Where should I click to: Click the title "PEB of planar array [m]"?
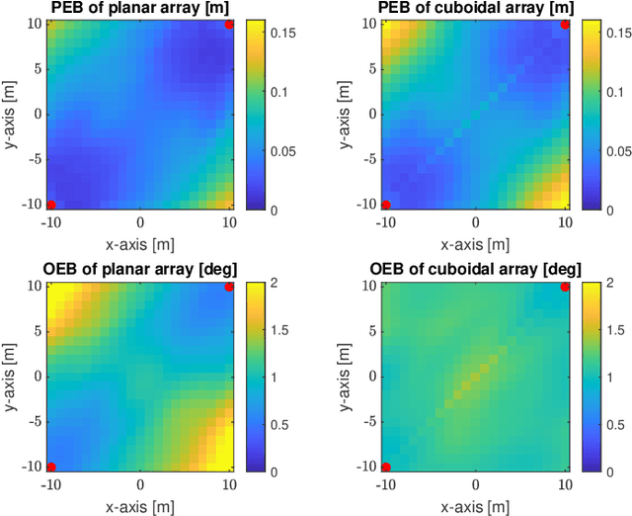click(x=139, y=9)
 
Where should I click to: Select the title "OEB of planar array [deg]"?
click(x=139, y=270)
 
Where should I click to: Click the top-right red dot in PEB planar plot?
click(x=229, y=25)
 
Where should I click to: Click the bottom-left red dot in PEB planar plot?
click(x=50, y=205)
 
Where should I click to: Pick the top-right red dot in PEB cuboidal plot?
click(x=565, y=25)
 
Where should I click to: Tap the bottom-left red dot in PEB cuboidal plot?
click(x=386, y=205)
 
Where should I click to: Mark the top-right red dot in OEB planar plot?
click(x=229, y=287)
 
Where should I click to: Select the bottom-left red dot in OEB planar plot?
click(x=50, y=467)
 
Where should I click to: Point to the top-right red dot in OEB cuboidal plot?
click(x=565, y=287)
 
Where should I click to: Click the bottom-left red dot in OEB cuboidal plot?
click(x=386, y=467)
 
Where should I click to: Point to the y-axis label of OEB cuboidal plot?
click(x=347, y=376)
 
